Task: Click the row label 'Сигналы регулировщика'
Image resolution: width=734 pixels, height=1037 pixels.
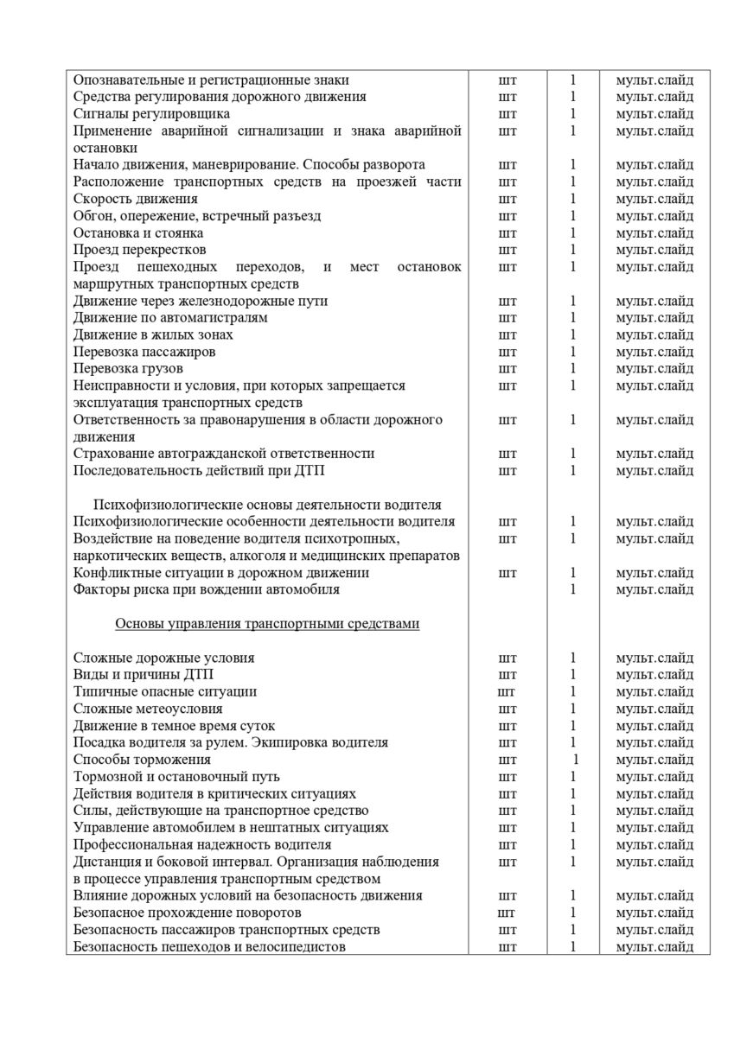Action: tap(151, 113)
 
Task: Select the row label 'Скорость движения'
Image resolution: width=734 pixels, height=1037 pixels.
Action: tap(136, 199)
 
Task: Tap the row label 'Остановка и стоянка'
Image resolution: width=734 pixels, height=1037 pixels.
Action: tap(138, 232)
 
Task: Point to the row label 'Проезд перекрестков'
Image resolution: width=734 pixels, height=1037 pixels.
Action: tap(140, 250)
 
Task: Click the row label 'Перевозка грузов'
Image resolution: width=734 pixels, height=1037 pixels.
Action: tap(128, 369)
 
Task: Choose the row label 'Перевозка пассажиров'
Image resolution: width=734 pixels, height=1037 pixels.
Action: tap(144, 352)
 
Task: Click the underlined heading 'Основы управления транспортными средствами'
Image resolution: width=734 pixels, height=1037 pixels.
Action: tap(267, 624)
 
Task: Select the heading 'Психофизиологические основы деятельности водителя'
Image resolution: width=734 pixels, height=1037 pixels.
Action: tap(267, 505)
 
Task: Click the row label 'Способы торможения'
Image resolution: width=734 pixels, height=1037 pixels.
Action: tap(143, 760)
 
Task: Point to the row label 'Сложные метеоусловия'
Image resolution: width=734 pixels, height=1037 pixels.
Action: tap(148, 709)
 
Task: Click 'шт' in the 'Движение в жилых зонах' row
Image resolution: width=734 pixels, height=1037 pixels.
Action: tap(507, 334)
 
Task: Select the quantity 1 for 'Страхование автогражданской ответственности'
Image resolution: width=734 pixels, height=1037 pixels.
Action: tap(572, 454)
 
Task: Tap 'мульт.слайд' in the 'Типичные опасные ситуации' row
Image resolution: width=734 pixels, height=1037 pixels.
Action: tap(654, 691)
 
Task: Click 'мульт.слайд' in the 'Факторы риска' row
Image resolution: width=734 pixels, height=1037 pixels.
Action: tap(654, 589)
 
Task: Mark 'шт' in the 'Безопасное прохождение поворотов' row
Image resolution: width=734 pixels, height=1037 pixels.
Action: tap(507, 913)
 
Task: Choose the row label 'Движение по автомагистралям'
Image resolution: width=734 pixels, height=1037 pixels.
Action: tap(170, 317)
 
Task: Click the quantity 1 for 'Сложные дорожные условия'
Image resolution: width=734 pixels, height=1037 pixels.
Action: tap(572, 658)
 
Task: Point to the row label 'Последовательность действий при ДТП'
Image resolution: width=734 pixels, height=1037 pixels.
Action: tap(199, 471)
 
